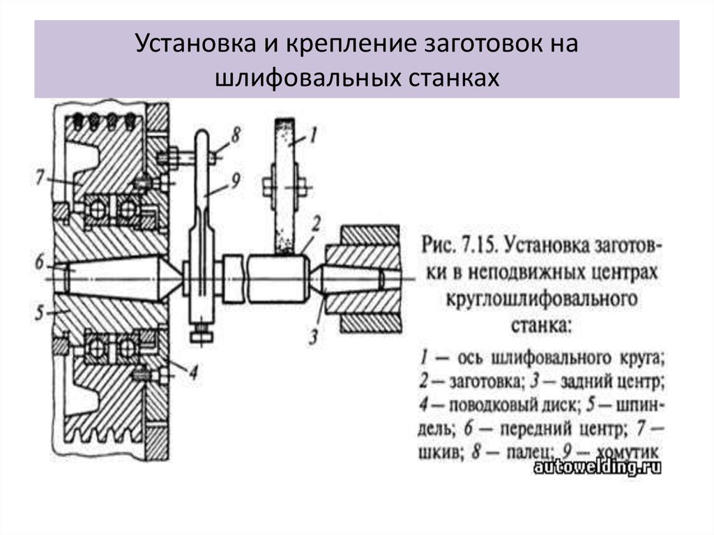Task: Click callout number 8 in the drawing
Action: click(235, 135)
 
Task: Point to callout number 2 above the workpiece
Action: click(315, 224)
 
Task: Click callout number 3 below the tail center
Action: click(313, 337)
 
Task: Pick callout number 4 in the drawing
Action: click(193, 372)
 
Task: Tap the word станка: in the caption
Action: click(540, 324)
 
